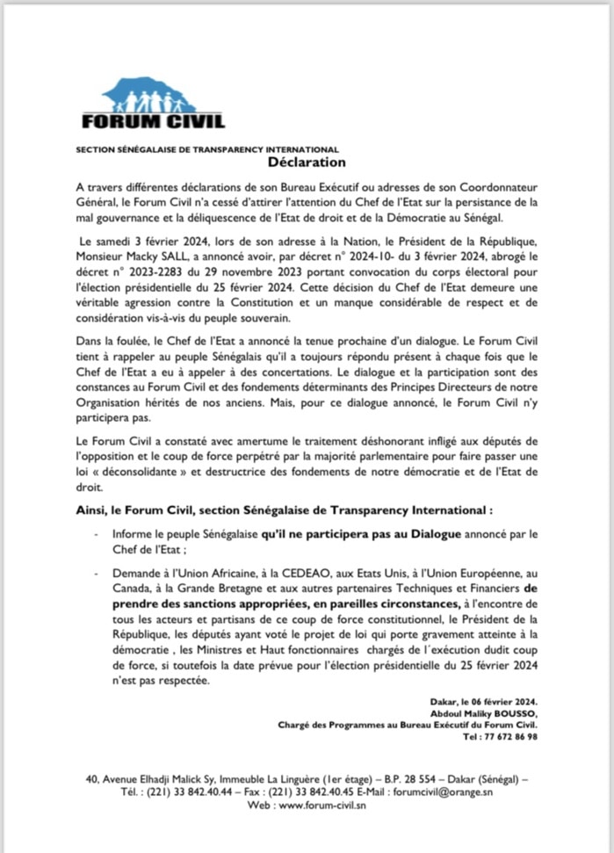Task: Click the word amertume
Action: pyautogui.click(x=260, y=439)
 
